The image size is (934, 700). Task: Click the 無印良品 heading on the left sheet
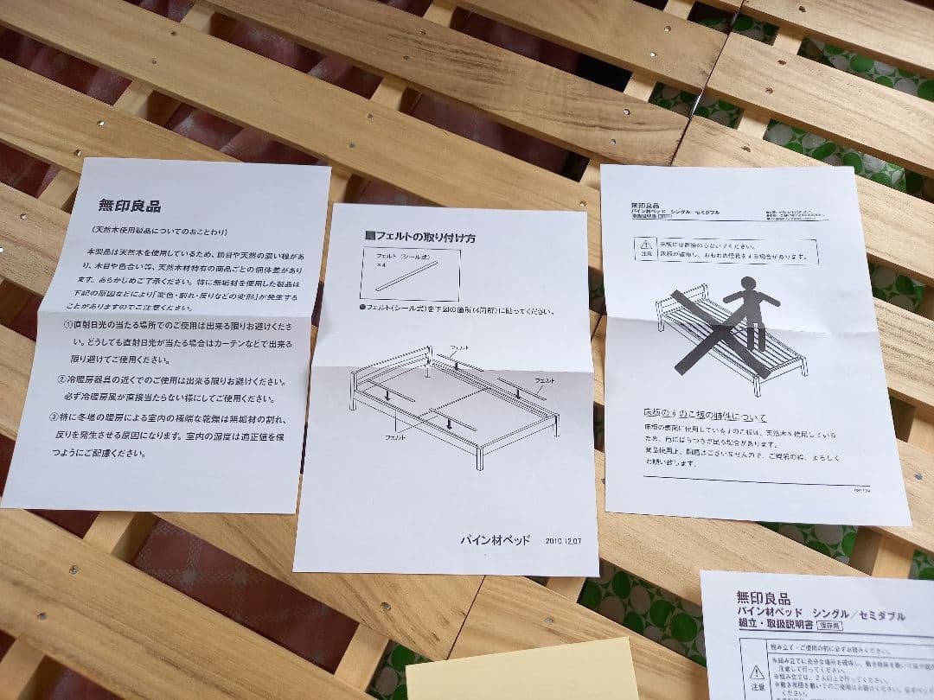[x=129, y=206]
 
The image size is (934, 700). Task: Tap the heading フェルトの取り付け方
[x=419, y=236]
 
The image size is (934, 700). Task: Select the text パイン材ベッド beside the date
[x=494, y=539]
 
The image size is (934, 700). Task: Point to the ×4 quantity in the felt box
[x=380, y=267]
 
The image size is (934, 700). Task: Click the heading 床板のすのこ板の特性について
[x=704, y=418]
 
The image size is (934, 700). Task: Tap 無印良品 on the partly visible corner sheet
[x=763, y=596]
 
